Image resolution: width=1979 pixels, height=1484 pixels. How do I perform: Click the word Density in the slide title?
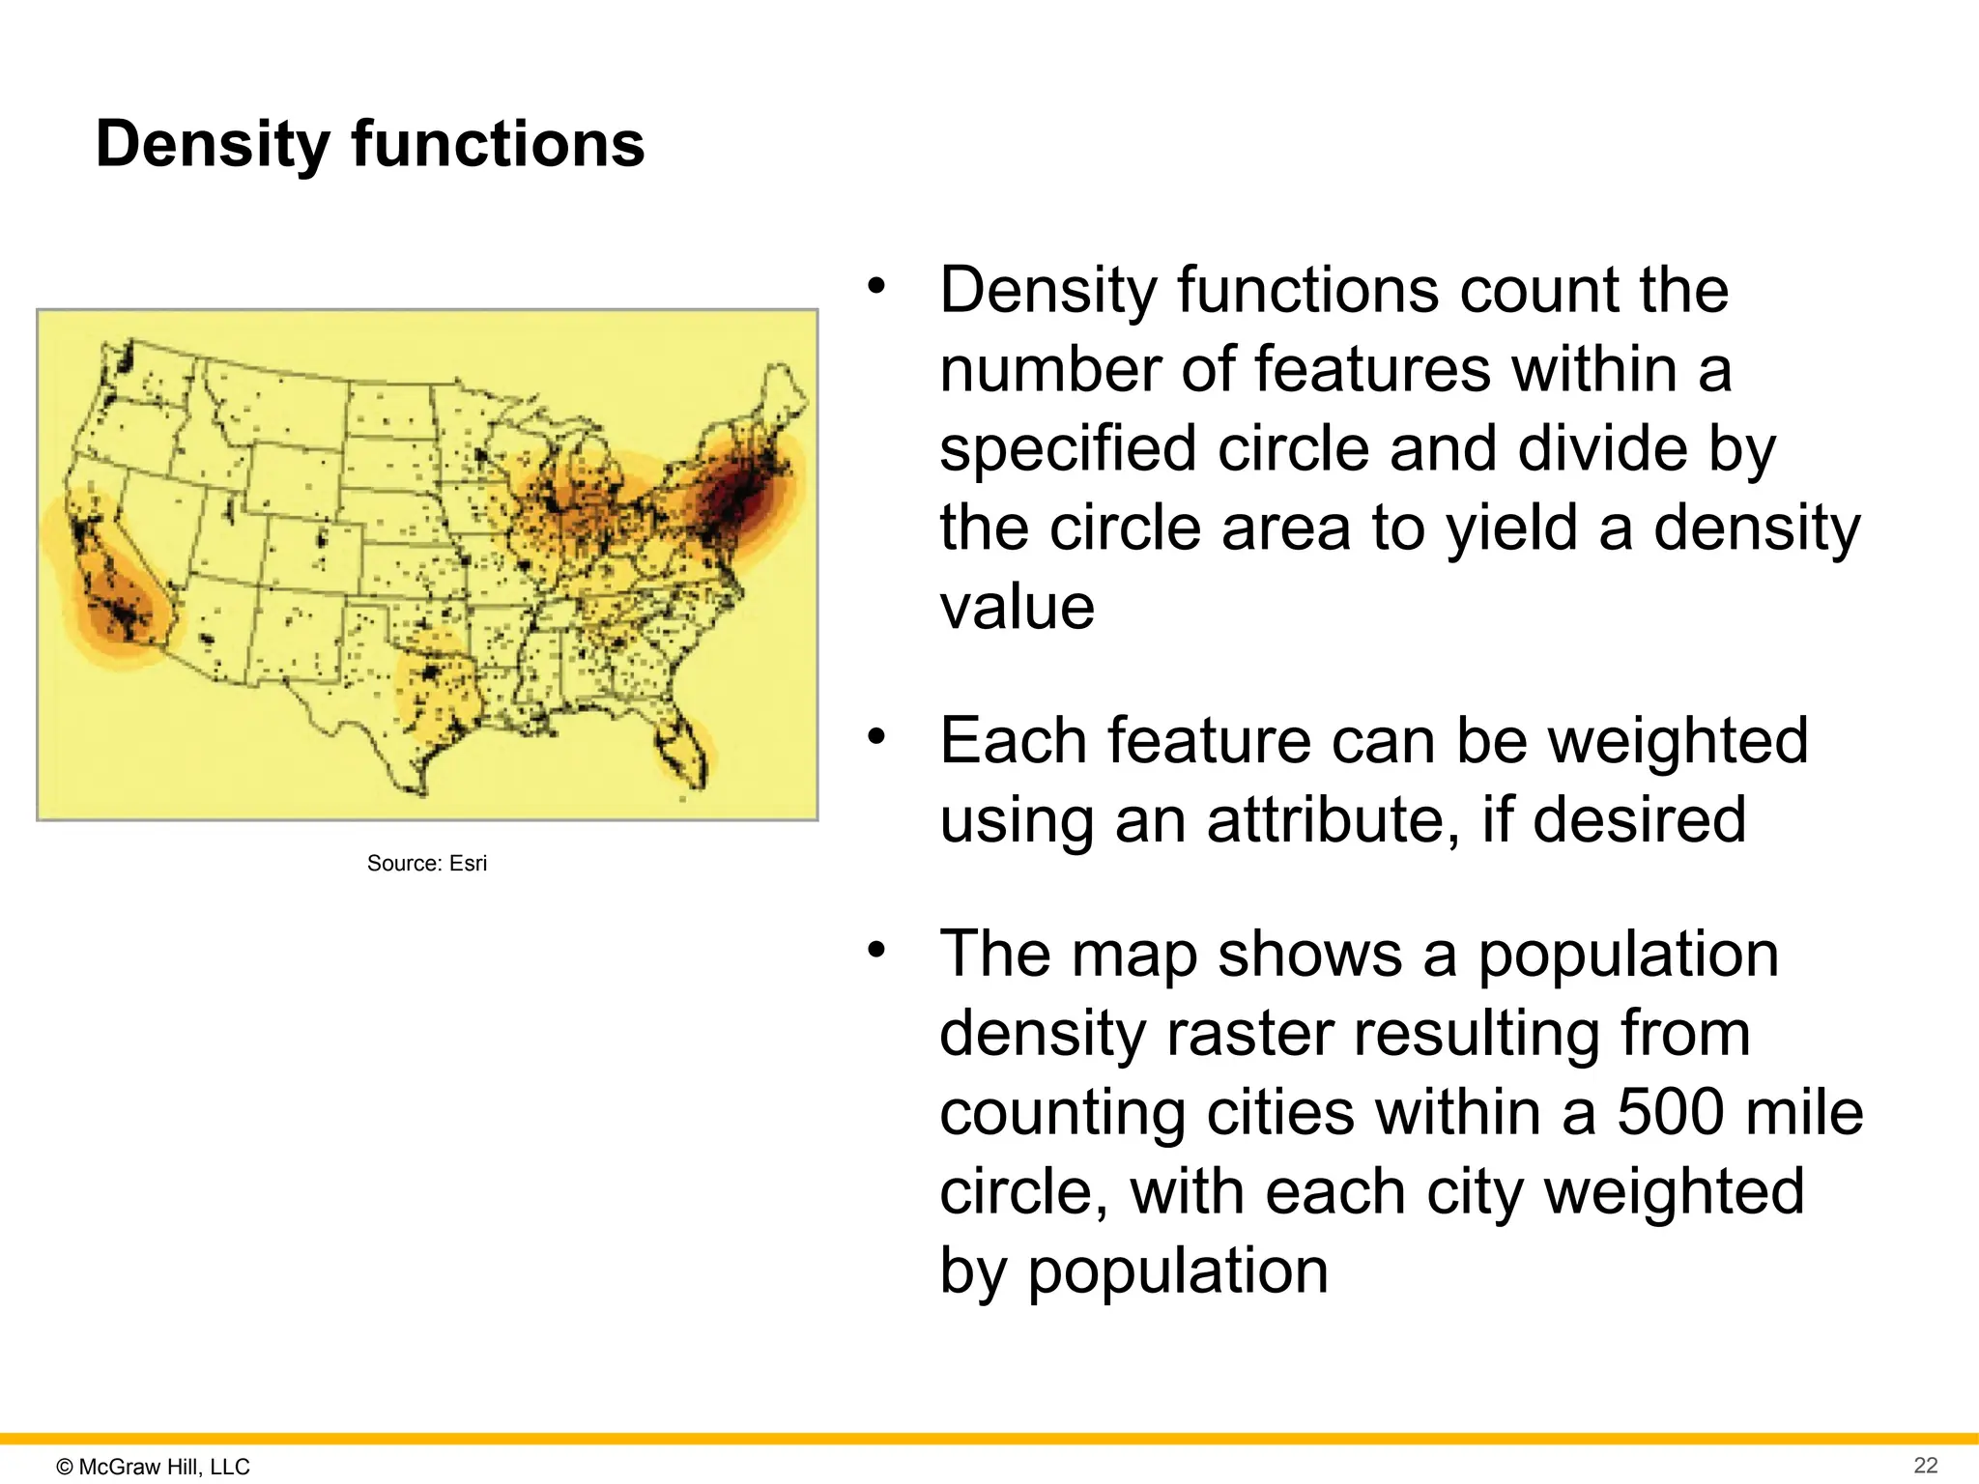[213, 145]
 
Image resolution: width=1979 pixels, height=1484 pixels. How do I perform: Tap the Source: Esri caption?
[426, 863]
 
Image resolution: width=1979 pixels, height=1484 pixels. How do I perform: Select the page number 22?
[1925, 1465]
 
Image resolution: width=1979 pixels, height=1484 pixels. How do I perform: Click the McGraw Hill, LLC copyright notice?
[154, 1466]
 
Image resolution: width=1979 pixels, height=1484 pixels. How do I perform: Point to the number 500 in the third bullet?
[1670, 1111]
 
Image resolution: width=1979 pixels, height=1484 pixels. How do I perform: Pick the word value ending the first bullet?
[1017, 608]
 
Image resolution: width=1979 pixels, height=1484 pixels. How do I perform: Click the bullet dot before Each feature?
[876, 737]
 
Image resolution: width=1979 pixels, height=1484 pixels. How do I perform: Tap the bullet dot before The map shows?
[876, 951]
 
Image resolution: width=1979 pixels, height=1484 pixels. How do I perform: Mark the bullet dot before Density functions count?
[876, 286]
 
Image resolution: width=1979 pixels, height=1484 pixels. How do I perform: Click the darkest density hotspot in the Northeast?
[740, 498]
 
